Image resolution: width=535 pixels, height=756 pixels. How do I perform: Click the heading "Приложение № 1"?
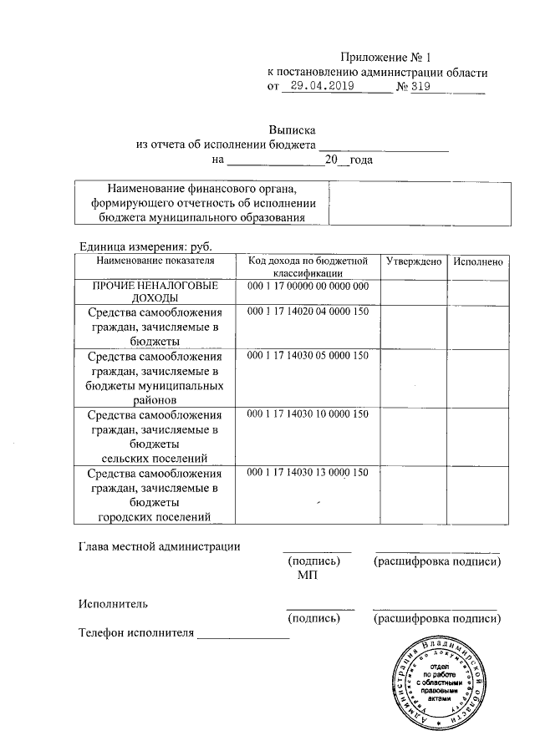coord(385,58)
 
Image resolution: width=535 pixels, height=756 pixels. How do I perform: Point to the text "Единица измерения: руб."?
coord(145,247)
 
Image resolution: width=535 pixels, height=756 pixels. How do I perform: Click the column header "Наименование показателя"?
coord(155,261)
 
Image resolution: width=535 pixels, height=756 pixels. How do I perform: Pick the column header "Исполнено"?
coord(477,261)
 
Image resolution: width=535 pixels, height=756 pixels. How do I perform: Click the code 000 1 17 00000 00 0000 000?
coord(308,287)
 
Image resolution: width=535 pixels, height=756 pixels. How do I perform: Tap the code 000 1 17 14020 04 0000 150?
coord(308,312)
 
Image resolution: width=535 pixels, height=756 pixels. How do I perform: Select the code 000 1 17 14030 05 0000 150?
coord(308,356)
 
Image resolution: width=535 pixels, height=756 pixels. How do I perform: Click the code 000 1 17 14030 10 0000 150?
coord(308,414)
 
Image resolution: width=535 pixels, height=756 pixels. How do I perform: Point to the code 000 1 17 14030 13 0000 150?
coord(308,473)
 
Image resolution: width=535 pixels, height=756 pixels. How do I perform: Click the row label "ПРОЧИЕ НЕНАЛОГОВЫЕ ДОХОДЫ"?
coord(155,292)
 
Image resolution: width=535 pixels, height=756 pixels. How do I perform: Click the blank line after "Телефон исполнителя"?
coord(242,634)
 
